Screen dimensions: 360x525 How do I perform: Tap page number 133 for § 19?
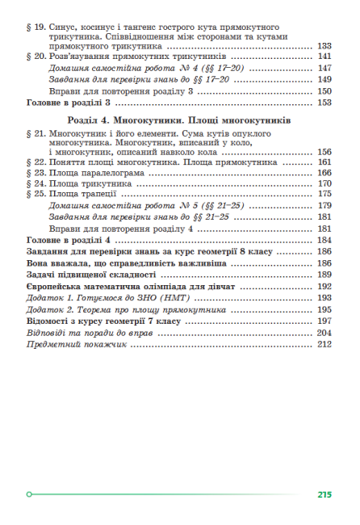(325, 47)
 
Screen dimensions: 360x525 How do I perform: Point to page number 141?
(325, 58)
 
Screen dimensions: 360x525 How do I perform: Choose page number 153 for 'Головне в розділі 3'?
(325, 103)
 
